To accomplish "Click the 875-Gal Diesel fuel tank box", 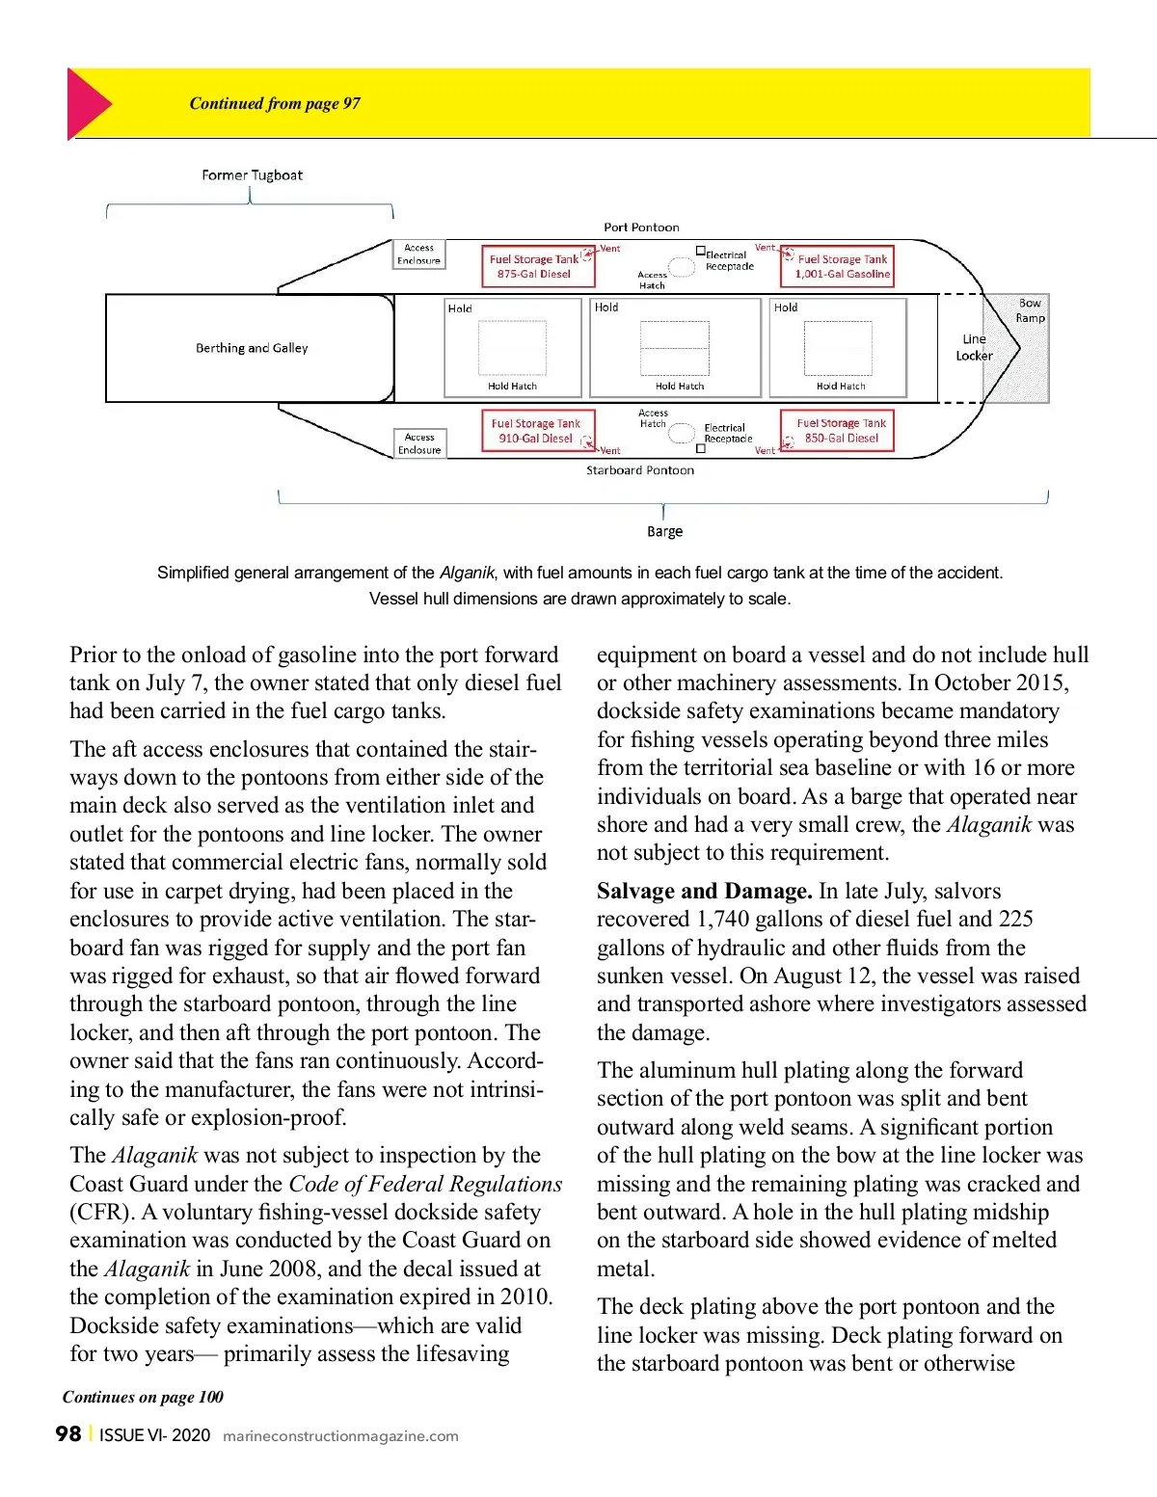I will (x=538, y=266).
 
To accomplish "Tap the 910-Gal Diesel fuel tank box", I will (x=538, y=431).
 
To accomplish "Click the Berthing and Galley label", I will (x=252, y=348).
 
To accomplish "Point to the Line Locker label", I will (x=974, y=347).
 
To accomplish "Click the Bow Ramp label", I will (x=1030, y=310).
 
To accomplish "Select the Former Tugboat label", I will (x=252, y=175).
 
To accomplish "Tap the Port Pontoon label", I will (x=641, y=227).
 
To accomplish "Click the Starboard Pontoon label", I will (x=640, y=470).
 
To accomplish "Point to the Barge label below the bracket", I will (x=664, y=531).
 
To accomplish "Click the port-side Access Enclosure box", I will (x=419, y=254).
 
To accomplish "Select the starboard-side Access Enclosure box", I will (x=419, y=443).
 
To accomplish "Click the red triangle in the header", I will (x=87, y=103).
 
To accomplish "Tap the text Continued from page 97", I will (x=275, y=103).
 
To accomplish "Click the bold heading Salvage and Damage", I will (x=704, y=891).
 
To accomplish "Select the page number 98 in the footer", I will (x=68, y=1434).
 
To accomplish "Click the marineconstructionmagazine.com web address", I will (x=340, y=1436).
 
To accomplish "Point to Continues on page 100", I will (x=143, y=1397).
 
